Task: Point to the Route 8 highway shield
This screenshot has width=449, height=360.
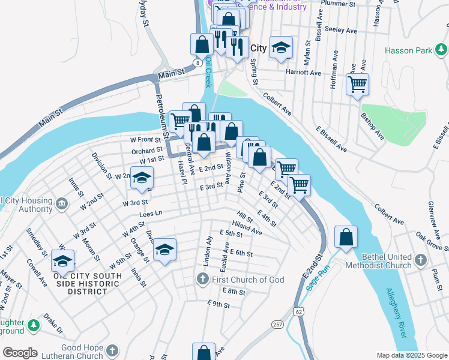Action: point(197,62)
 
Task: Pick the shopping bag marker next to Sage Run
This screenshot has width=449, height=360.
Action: point(346,237)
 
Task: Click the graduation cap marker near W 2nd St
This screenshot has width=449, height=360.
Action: point(142,178)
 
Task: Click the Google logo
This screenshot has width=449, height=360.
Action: point(20,353)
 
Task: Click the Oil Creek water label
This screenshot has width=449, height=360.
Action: point(209,70)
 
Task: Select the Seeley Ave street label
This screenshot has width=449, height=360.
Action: point(340,29)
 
